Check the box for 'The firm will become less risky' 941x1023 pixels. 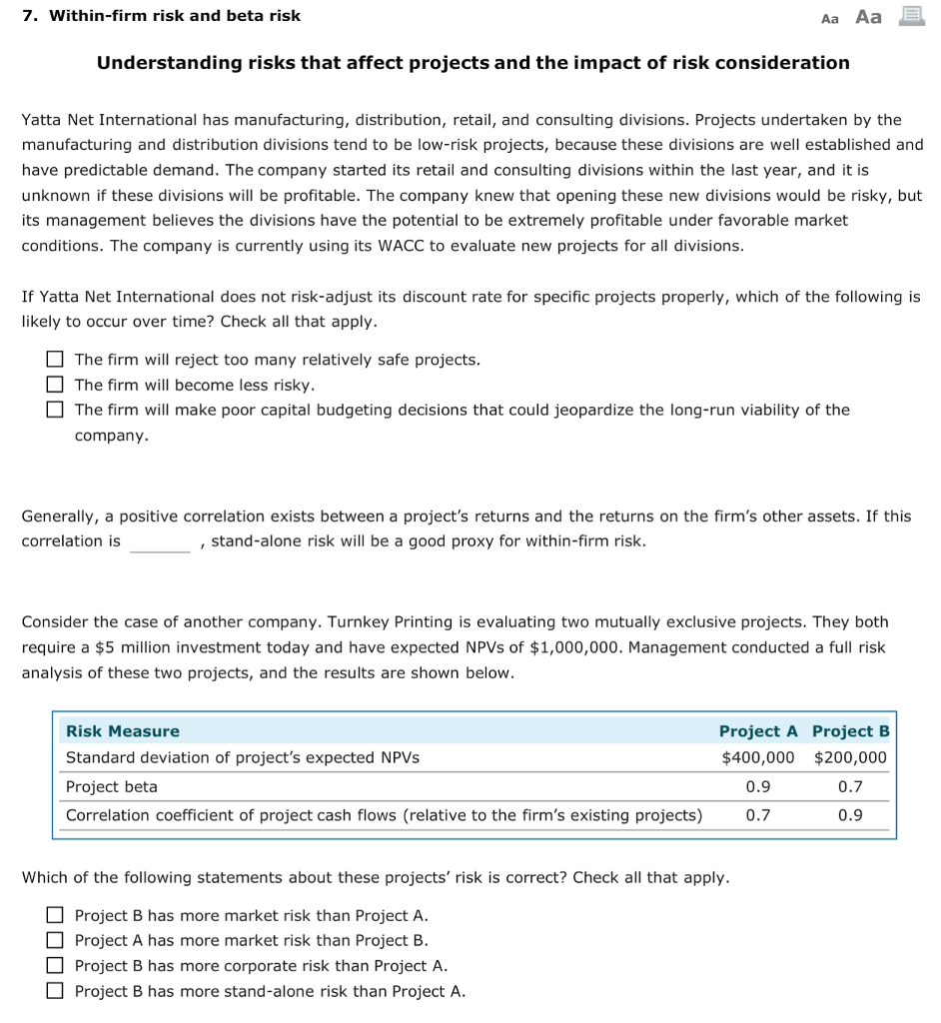(x=55, y=385)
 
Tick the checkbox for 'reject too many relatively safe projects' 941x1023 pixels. (x=55, y=360)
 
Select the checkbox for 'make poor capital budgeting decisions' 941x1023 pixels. (x=55, y=410)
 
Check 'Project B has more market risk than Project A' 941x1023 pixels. (x=55, y=915)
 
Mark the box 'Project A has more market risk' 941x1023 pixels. (x=55, y=940)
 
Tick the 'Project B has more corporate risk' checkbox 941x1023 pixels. (x=55, y=966)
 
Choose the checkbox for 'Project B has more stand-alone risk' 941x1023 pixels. (x=55, y=991)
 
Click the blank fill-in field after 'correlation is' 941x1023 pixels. (x=160, y=542)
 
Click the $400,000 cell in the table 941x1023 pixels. (x=758, y=757)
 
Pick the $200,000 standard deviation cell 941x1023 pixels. (x=850, y=757)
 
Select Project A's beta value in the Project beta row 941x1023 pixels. (x=758, y=786)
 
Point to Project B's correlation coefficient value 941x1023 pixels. (x=850, y=815)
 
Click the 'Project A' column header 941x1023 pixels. (x=758, y=731)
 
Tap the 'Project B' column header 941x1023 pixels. (x=850, y=731)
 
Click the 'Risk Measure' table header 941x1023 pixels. (x=123, y=731)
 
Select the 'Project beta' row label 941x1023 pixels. (x=112, y=786)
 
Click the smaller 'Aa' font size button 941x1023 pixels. (x=829, y=18)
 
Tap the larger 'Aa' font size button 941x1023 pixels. (x=869, y=17)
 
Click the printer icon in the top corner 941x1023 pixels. (x=912, y=16)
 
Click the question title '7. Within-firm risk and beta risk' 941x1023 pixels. (x=161, y=16)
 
